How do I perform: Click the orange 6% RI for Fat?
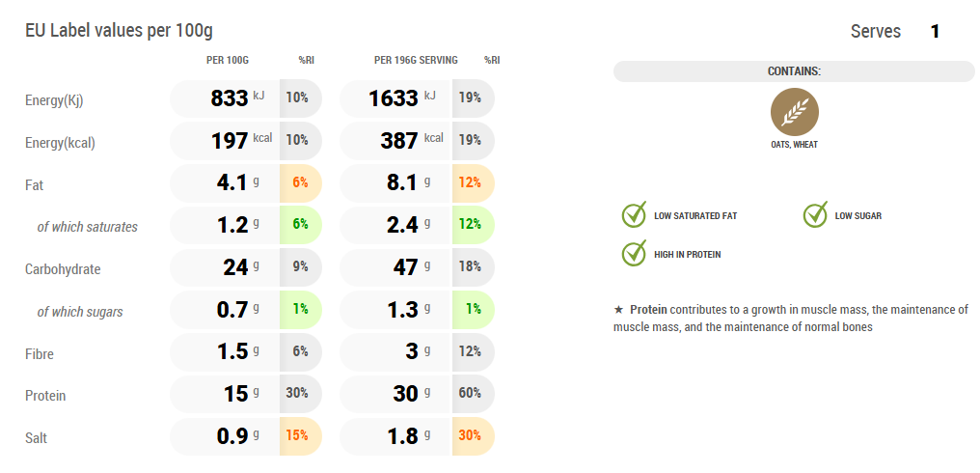(299, 183)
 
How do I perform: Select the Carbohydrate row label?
(63, 269)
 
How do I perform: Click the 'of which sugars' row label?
(80, 312)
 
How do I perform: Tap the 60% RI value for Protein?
(471, 393)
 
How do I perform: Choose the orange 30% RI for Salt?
(471, 435)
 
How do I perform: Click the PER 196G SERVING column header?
(416, 61)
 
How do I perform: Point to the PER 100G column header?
(228, 61)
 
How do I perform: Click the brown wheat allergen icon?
(794, 112)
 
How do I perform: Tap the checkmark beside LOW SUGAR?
(816, 214)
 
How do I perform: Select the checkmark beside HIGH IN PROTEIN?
(634, 253)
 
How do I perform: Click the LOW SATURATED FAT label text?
(694, 216)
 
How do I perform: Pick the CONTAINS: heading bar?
(794, 71)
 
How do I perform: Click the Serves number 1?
(935, 32)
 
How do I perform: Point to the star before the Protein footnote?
(618, 310)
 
